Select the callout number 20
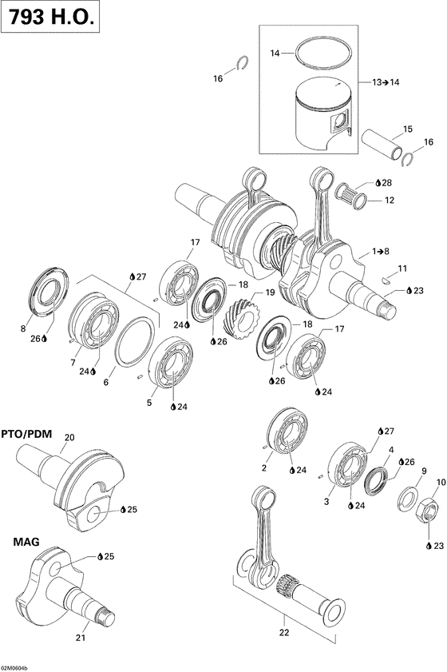pos(69,437)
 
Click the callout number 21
pos(79,638)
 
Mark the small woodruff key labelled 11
pos(386,280)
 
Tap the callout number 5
pos(148,403)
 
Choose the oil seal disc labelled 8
pos(42,295)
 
